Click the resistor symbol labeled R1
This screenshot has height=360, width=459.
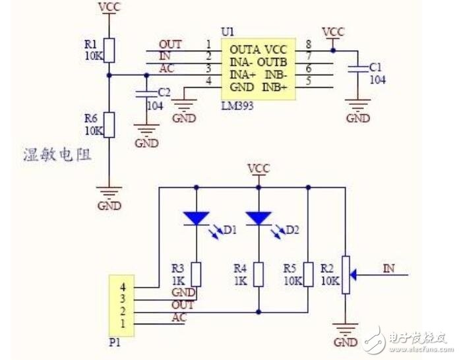[109, 50]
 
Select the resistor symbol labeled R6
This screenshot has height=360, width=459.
[109, 125]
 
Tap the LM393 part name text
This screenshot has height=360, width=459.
[237, 105]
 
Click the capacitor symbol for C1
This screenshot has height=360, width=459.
[357, 69]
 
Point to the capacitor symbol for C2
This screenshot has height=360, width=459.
[146, 94]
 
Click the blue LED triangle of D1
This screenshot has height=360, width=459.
[196, 218]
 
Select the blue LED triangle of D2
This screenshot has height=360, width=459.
[259, 218]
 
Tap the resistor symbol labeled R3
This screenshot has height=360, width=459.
[196, 274]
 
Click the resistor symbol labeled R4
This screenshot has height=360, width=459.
[259, 274]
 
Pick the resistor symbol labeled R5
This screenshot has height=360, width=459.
[308, 274]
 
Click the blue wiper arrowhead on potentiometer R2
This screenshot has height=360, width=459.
[353, 275]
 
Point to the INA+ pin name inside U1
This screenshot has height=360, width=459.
[243, 75]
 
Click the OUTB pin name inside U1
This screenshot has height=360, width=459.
[272, 63]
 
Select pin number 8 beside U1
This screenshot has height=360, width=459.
[309, 44]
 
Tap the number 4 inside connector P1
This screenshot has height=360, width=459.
[123, 287]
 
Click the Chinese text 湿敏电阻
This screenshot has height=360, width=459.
[57, 155]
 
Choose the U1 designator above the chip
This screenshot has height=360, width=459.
[228, 32]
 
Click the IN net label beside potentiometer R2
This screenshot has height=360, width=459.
[388, 268]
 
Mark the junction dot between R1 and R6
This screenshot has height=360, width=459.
[109, 75]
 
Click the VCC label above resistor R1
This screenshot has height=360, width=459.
[109, 7]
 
